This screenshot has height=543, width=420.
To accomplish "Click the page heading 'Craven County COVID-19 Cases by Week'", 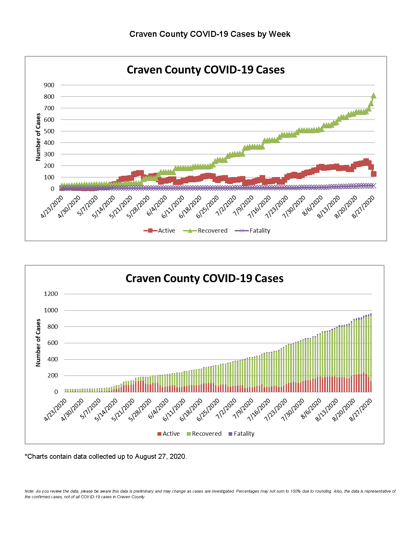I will point(210,34).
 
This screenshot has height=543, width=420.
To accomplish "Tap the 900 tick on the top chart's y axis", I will point(49,85).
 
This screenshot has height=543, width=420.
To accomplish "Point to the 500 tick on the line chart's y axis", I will point(49,131).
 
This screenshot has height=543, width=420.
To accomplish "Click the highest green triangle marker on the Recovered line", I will point(374,96).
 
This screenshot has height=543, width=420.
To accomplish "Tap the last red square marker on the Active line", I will point(374,174).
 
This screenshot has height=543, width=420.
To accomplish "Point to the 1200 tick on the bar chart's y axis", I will point(51,294).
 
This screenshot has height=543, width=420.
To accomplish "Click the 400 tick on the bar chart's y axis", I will point(52,359).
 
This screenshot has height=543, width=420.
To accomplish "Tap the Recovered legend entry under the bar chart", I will point(204,434).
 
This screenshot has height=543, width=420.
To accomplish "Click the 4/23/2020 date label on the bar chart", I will point(55,410).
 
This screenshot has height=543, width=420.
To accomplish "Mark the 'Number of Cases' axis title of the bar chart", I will point(38,343).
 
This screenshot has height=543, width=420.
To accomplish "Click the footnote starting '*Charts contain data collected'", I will point(106,456).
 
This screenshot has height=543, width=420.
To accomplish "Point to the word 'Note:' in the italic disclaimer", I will point(29,491).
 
